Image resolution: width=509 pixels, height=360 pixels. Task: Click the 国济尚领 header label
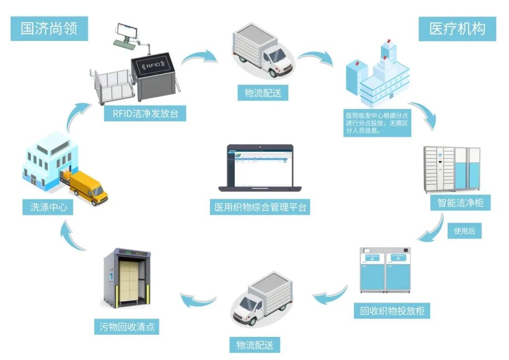click(49, 29)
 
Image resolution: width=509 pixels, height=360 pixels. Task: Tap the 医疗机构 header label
click(457, 29)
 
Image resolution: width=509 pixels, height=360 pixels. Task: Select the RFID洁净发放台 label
click(145, 114)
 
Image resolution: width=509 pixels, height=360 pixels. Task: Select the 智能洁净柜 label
click(457, 203)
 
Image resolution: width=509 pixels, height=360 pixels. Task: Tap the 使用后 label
click(464, 231)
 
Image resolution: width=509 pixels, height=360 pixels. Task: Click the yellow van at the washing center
click(90, 188)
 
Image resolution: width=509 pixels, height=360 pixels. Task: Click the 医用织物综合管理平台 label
click(260, 207)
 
